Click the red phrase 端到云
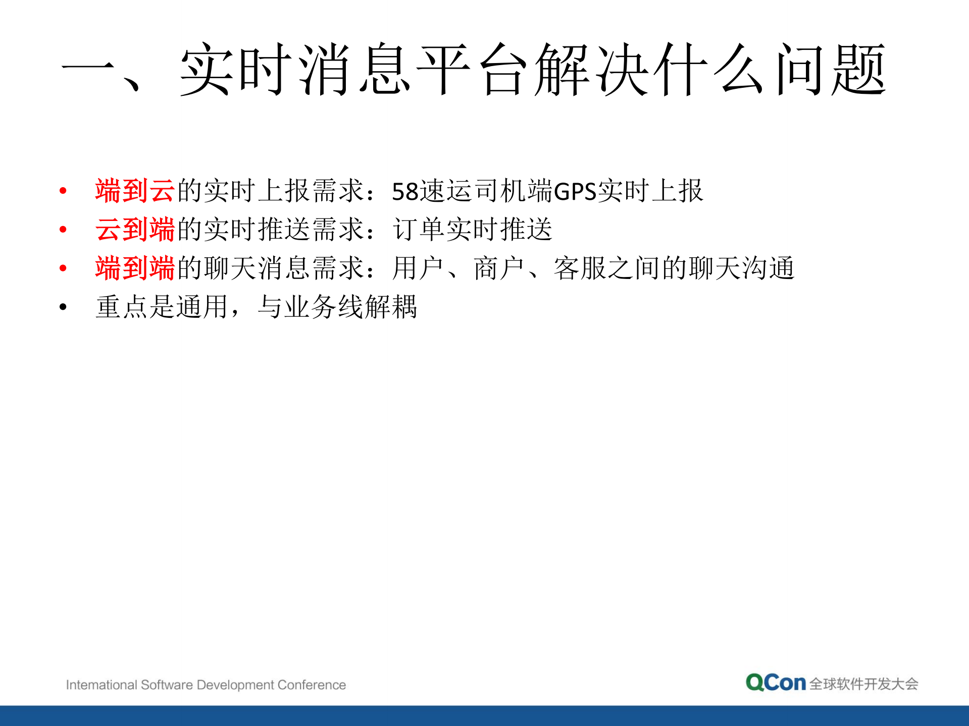point(135,191)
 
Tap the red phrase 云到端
point(135,230)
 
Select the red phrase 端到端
point(135,268)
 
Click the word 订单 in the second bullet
point(419,230)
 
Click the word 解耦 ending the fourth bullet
point(391,307)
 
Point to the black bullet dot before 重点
point(63,307)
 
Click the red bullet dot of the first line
point(63,191)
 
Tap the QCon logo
point(776,683)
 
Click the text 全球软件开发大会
point(863,684)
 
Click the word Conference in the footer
point(312,685)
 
